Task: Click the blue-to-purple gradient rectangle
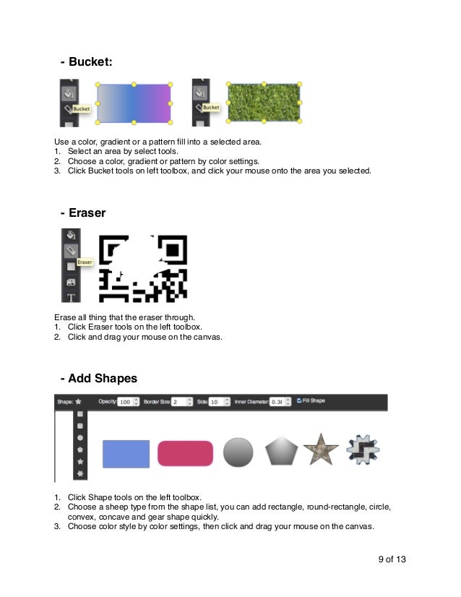click(x=134, y=103)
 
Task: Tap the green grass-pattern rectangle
click(x=264, y=102)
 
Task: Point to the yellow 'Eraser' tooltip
click(x=85, y=262)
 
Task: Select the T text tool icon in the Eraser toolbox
click(x=71, y=296)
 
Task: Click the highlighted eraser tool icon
click(x=71, y=251)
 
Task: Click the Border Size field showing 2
click(x=178, y=401)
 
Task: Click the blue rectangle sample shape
click(x=126, y=453)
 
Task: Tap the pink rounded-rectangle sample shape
click(x=186, y=453)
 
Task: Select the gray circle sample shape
click(x=238, y=452)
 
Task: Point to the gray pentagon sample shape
click(x=281, y=452)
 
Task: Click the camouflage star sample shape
click(x=320, y=450)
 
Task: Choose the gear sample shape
click(x=363, y=450)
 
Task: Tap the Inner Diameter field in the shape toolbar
click(x=276, y=401)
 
